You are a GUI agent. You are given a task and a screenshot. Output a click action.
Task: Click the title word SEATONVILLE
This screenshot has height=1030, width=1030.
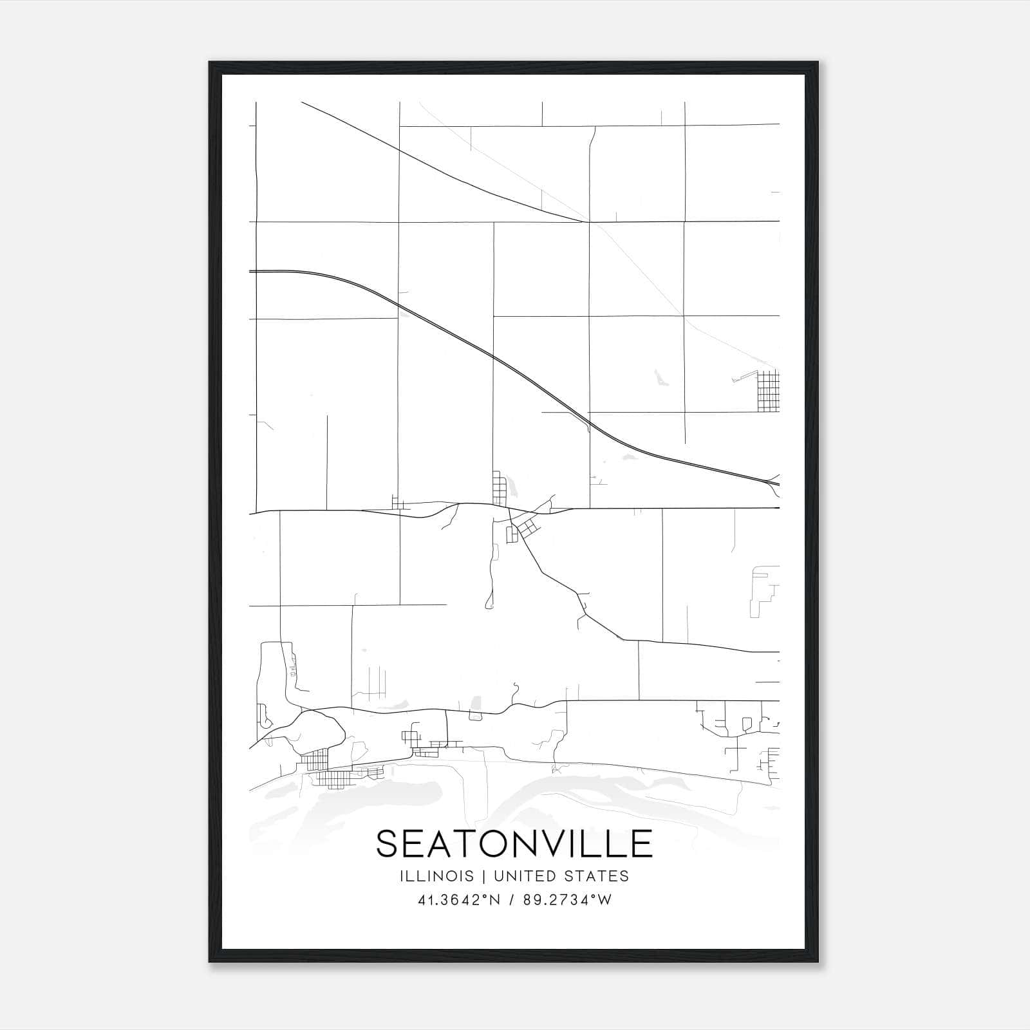(514, 843)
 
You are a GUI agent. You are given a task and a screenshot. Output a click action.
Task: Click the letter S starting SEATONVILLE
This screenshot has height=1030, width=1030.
(388, 843)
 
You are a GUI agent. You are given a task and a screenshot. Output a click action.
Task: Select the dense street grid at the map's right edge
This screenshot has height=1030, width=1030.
(768, 391)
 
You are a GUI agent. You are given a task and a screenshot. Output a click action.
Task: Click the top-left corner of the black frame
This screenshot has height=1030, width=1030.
(210, 63)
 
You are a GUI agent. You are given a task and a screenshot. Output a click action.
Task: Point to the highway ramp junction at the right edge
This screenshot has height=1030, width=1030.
(772, 483)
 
